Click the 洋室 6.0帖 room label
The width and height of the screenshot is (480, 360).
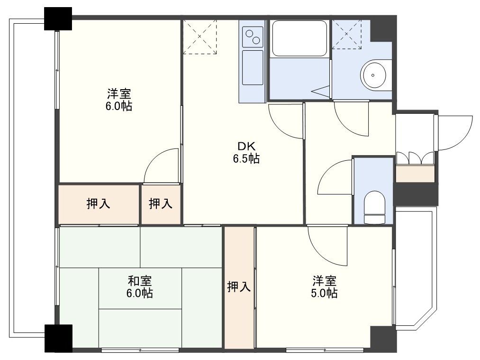click(x=118, y=99)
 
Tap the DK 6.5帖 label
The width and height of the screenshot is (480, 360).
click(x=245, y=152)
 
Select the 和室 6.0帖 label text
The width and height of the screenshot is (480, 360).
click(x=139, y=287)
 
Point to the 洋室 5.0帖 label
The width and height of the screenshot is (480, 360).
click(x=324, y=286)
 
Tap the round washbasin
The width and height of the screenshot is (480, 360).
click(x=376, y=75)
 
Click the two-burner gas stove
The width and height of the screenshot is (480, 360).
click(x=253, y=36)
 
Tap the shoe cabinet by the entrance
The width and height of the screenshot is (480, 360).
click(x=415, y=174)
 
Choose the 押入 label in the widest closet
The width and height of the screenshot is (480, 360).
click(x=99, y=204)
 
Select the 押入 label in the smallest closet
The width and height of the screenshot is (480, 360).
click(x=161, y=204)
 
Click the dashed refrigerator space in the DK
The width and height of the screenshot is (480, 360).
click(x=199, y=37)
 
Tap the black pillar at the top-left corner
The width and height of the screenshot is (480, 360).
click(x=58, y=19)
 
